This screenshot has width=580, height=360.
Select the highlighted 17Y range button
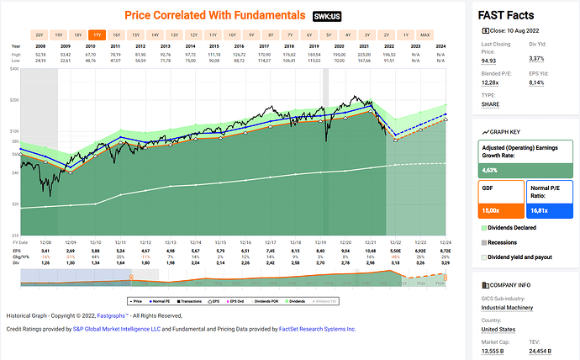(99, 34)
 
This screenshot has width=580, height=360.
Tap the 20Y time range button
(40, 34)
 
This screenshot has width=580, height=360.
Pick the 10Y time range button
(233, 34)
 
